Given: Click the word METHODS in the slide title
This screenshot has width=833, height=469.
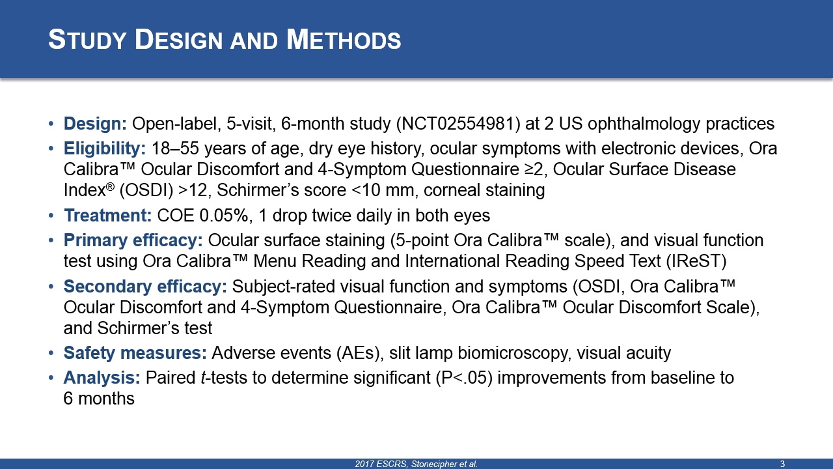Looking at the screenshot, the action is tap(344, 40).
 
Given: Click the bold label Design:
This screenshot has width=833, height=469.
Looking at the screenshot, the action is tap(95, 124).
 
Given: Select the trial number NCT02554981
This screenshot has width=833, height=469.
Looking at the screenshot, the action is tap(459, 124).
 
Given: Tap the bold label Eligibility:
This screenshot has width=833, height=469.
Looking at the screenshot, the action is tap(105, 149).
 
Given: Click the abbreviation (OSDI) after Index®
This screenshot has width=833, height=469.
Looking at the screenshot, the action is tap(146, 190).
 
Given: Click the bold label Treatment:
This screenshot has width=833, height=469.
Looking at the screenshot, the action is tap(108, 216).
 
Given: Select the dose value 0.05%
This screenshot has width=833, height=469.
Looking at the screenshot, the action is tap(224, 216).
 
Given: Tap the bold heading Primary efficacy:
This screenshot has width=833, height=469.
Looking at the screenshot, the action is tap(133, 240).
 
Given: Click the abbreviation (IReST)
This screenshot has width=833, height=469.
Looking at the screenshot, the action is tap(696, 261).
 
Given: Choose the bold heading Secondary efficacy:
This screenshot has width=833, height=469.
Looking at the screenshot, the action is tap(145, 287).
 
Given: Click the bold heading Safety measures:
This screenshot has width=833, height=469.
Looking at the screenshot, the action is tap(135, 353).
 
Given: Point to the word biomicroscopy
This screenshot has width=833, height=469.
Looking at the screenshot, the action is tap(514, 353).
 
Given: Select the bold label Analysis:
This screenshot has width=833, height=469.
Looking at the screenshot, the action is tap(102, 378).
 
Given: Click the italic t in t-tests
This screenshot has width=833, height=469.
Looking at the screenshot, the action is tap(203, 378).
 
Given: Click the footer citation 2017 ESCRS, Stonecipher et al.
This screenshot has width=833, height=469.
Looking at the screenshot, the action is tap(416, 464).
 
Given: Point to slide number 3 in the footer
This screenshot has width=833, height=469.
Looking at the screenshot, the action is tap(782, 464).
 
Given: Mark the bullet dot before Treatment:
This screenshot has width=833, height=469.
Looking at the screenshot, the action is tap(51, 216).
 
